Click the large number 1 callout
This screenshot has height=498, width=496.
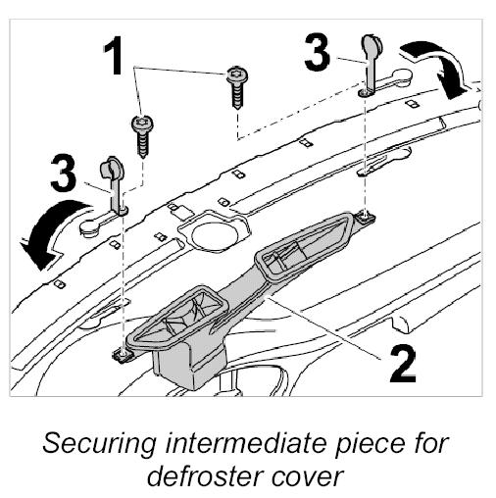point(115,55)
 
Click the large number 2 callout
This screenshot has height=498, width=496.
point(403,365)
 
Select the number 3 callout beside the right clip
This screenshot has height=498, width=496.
point(317,53)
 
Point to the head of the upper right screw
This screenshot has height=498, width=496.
point(237,75)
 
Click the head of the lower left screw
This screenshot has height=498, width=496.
point(142,124)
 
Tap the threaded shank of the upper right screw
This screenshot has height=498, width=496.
point(239,95)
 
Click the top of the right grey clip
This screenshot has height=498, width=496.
point(371,42)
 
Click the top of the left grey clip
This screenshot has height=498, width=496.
point(112,168)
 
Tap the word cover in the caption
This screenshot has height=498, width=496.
point(307,478)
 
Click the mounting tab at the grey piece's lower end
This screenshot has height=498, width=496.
point(123,355)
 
